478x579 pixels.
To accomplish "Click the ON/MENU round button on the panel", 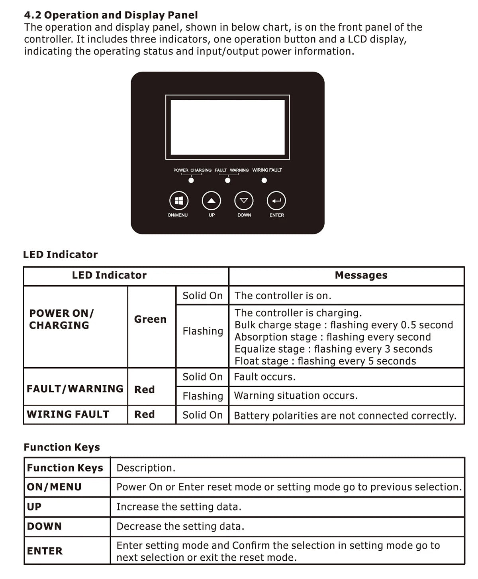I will click(x=179, y=201).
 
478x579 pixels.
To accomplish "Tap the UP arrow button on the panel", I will click(x=212, y=201).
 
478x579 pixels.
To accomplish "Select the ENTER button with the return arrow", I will click(x=276, y=201).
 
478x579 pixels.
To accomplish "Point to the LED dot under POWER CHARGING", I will click(x=191, y=180).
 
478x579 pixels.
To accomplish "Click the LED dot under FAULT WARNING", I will click(x=227, y=180).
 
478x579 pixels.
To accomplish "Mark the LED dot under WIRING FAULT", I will click(x=264, y=180).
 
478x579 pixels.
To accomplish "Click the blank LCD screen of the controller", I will click(x=227, y=127).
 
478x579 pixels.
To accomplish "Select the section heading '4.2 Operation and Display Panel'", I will click(x=111, y=15).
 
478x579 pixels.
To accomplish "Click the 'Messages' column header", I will click(x=361, y=275).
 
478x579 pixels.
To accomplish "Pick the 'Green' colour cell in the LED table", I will click(x=150, y=319).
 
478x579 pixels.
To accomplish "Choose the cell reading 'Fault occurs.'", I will click(x=264, y=377).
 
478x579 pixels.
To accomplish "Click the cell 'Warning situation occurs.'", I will click(x=296, y=396).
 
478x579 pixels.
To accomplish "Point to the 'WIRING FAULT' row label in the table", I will click(x=68, y=414).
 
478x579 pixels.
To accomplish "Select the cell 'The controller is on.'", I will click(x=283, y=296).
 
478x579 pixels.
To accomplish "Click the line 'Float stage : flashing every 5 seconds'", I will click(x=325, y=361).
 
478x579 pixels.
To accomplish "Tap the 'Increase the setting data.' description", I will click(x=179, y=507).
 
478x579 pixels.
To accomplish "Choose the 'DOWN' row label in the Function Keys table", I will click(x=44, y=526).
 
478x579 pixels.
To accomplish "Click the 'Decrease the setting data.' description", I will click(x=180, y=526).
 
